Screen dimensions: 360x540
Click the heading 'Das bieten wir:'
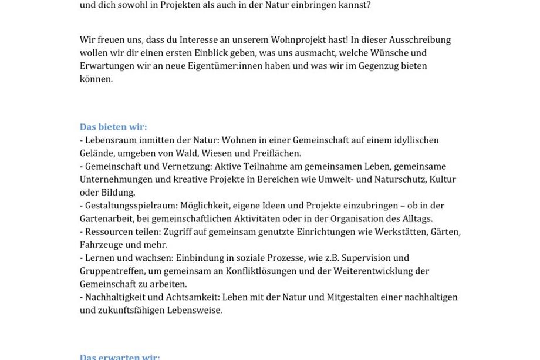pos(113,127)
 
